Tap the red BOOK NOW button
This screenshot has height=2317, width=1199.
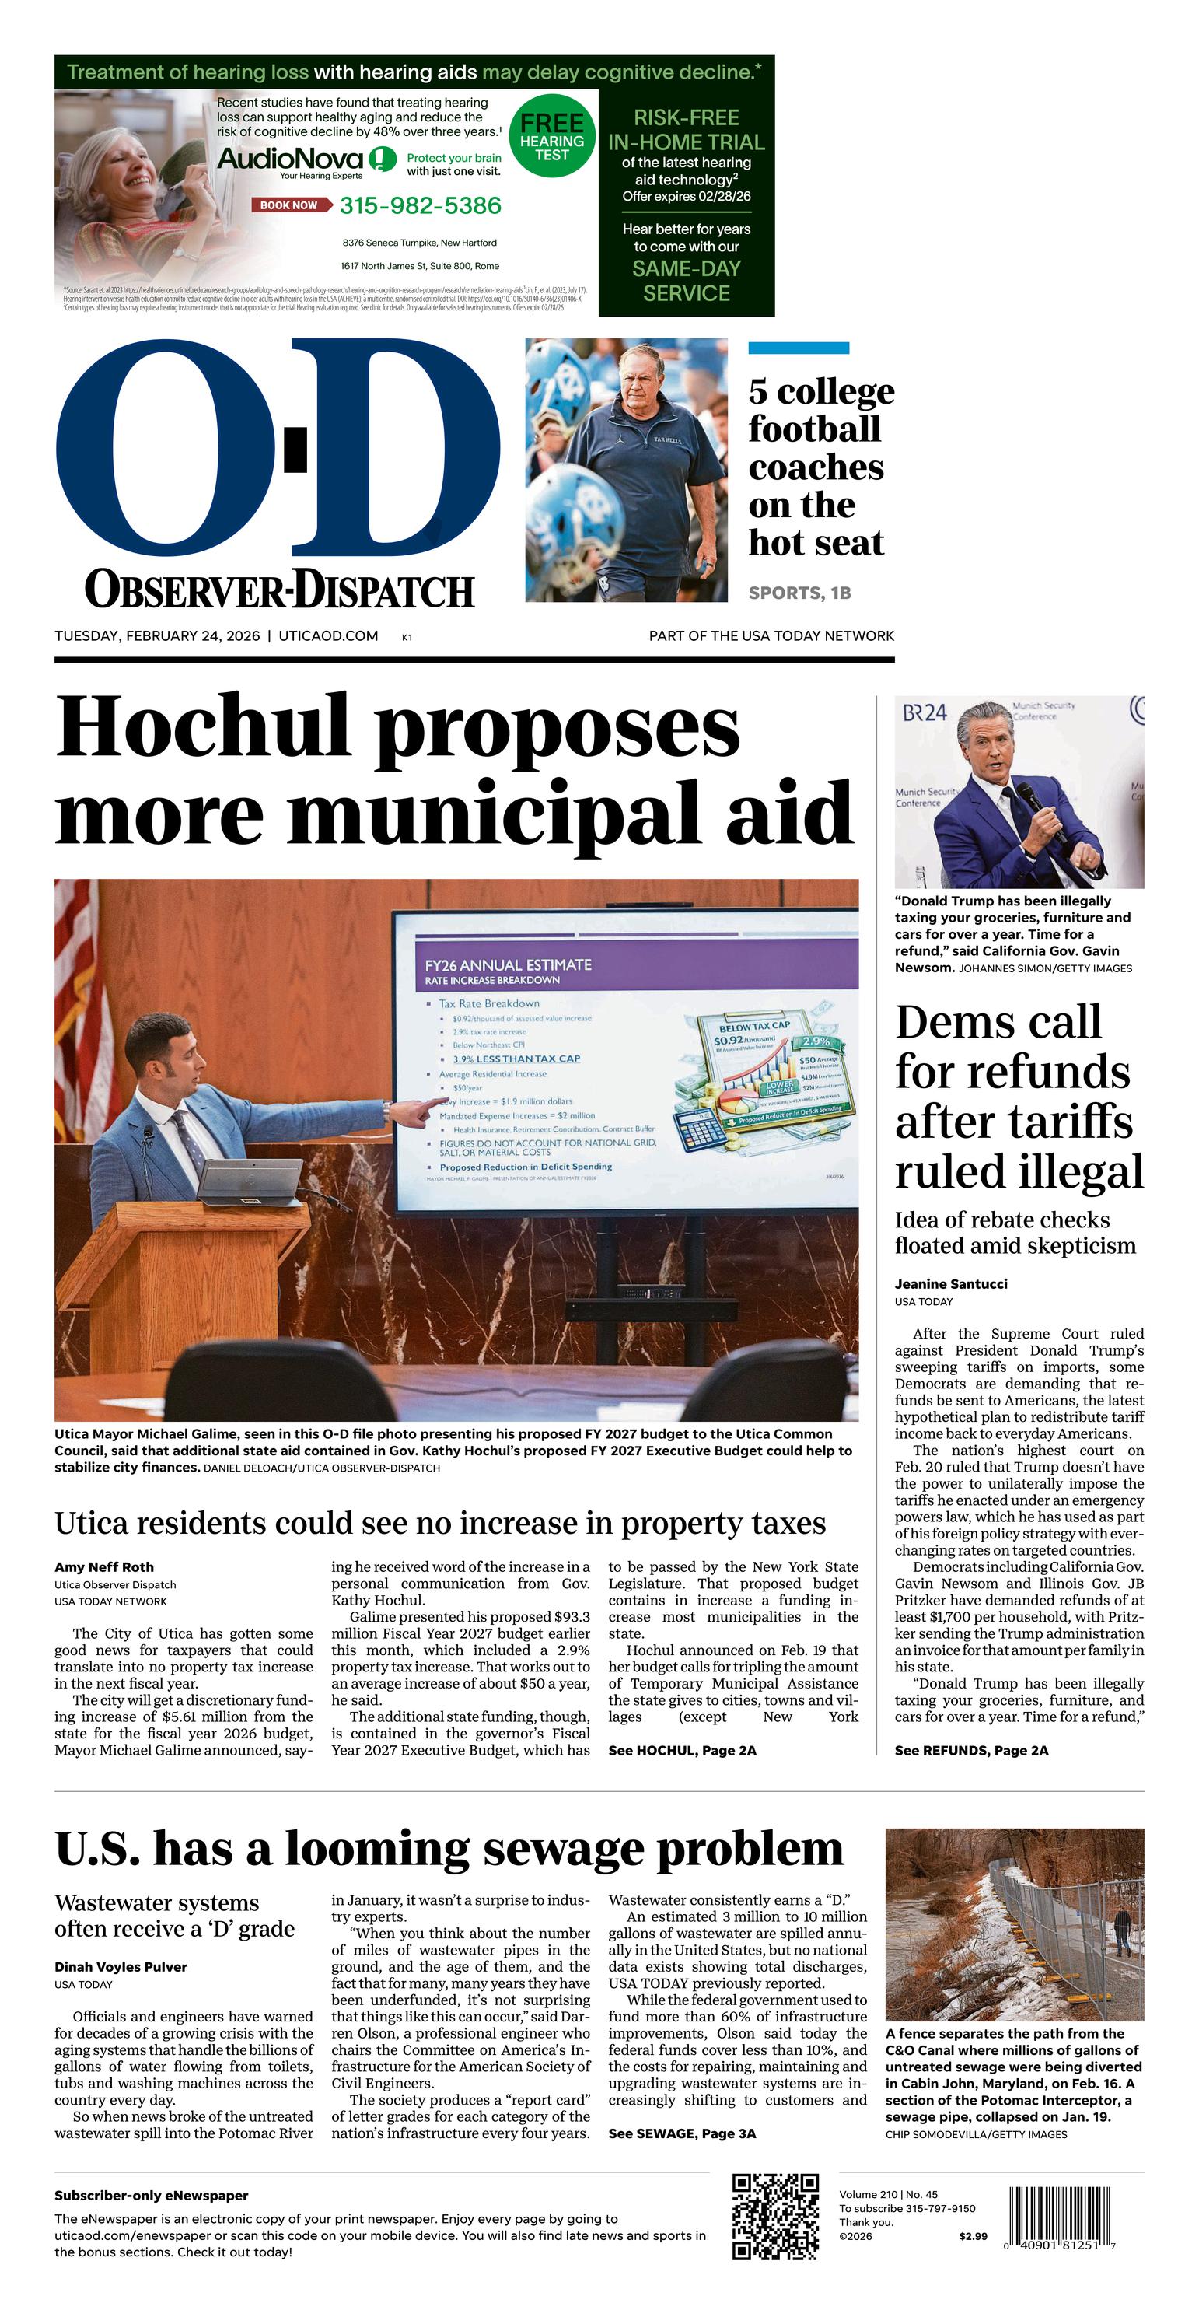[288, 205]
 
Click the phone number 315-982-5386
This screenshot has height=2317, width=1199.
[420, 206]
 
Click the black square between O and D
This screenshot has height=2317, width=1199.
[296, 449]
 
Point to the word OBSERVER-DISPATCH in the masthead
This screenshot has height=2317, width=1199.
[279, 590]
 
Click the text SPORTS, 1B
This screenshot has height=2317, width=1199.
[799, 593]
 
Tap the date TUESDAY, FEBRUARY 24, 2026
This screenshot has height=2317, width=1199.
[156, 636]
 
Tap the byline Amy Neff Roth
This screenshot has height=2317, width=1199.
[103, 1567]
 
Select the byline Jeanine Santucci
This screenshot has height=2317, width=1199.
[951, 1283]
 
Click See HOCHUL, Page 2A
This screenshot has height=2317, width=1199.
[682, 1750]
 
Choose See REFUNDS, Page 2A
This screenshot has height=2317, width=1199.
[970, 1750]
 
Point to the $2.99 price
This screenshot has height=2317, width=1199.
[972, 2236]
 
